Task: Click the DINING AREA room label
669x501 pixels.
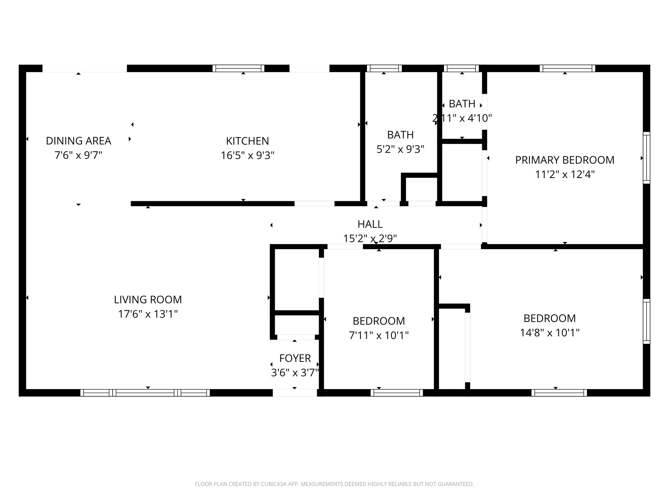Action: [x=78, y=141]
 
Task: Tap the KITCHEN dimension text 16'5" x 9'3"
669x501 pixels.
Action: [x=247, y=156]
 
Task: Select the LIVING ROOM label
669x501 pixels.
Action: [x=148, y=299]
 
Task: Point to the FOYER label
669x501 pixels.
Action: [x=295, y=358]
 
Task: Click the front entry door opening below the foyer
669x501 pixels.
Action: [x=295, y=393]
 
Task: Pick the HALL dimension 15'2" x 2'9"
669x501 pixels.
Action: [x=370, y=238]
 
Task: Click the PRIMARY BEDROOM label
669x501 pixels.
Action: [x=564, y=160]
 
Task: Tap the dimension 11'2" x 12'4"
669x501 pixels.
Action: [x=564, y=175]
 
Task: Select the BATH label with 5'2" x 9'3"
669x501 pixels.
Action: [x=400, y=135]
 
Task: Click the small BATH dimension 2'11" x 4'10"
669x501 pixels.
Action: [x=462, y=118]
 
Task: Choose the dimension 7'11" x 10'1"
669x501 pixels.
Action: [x=379, y=335]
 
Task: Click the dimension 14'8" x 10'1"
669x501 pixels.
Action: [x=549, y=333]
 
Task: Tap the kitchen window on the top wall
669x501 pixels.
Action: [x=238, y=68]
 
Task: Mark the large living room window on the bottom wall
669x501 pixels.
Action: [x=145, y=393]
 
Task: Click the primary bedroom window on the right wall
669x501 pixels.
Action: [x=646, y=158]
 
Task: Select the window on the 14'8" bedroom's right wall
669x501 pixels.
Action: [x=646, y=321]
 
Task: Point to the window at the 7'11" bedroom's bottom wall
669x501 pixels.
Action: [x=397, y=393]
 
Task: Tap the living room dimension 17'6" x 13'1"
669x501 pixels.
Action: [x=148, y=314]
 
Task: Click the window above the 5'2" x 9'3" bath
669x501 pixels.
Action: [x=384, y=68]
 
